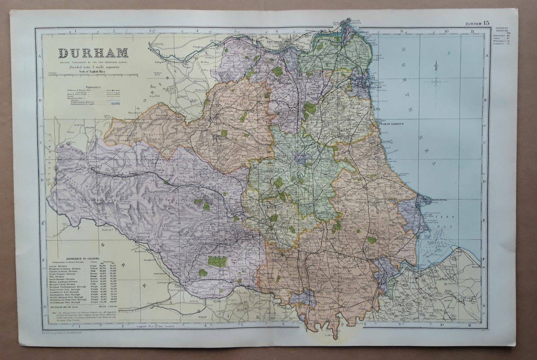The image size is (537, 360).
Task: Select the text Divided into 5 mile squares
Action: click(92, 67)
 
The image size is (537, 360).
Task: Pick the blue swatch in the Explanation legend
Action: click(116, 104)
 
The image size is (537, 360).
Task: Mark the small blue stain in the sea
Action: click(449, 53)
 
